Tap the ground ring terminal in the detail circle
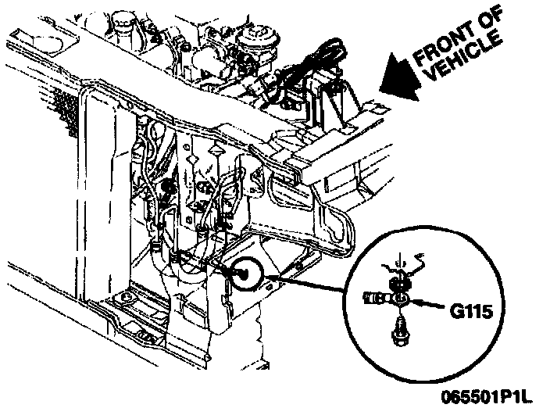pos(401,298)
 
